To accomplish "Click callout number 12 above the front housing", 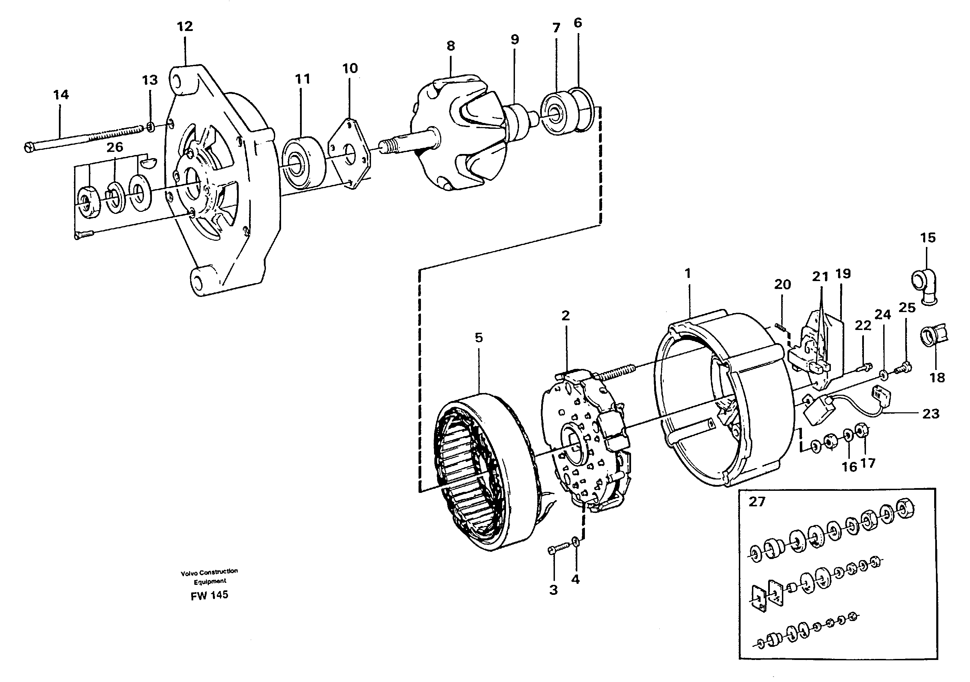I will click(185, 27).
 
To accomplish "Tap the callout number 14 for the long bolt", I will click(61, 95).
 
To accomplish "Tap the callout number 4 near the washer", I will click(575, 579).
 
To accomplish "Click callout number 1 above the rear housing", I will click(688, 273).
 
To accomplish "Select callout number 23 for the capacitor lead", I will click(931, 414).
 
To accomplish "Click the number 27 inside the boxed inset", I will click(757, 502).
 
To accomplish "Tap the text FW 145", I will click(209, 595).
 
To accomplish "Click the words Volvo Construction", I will click(209, 571).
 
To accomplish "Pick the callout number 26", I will click(114, 147).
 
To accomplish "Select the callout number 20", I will click(782, 285).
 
